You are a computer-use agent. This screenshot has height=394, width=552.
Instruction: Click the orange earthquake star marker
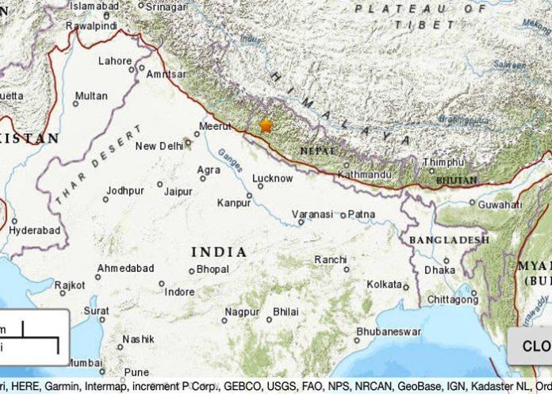(266, 125)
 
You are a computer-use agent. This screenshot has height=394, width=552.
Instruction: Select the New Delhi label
(159, 146)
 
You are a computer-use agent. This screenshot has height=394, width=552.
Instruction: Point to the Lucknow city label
(272, 179)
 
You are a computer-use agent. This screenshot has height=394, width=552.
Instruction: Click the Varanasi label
(312, 214)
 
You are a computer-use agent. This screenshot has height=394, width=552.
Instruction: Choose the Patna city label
(362, 214)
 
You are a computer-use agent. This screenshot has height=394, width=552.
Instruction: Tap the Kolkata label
(384, 283)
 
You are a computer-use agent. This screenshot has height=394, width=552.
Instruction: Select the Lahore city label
(115, 61)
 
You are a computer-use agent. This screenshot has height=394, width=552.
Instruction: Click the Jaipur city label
(178, 191)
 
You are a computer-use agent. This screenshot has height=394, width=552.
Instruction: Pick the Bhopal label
(213, 270)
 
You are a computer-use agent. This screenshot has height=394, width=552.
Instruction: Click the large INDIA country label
(218, 251)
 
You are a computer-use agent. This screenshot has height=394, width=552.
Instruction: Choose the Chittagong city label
(453, 299)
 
